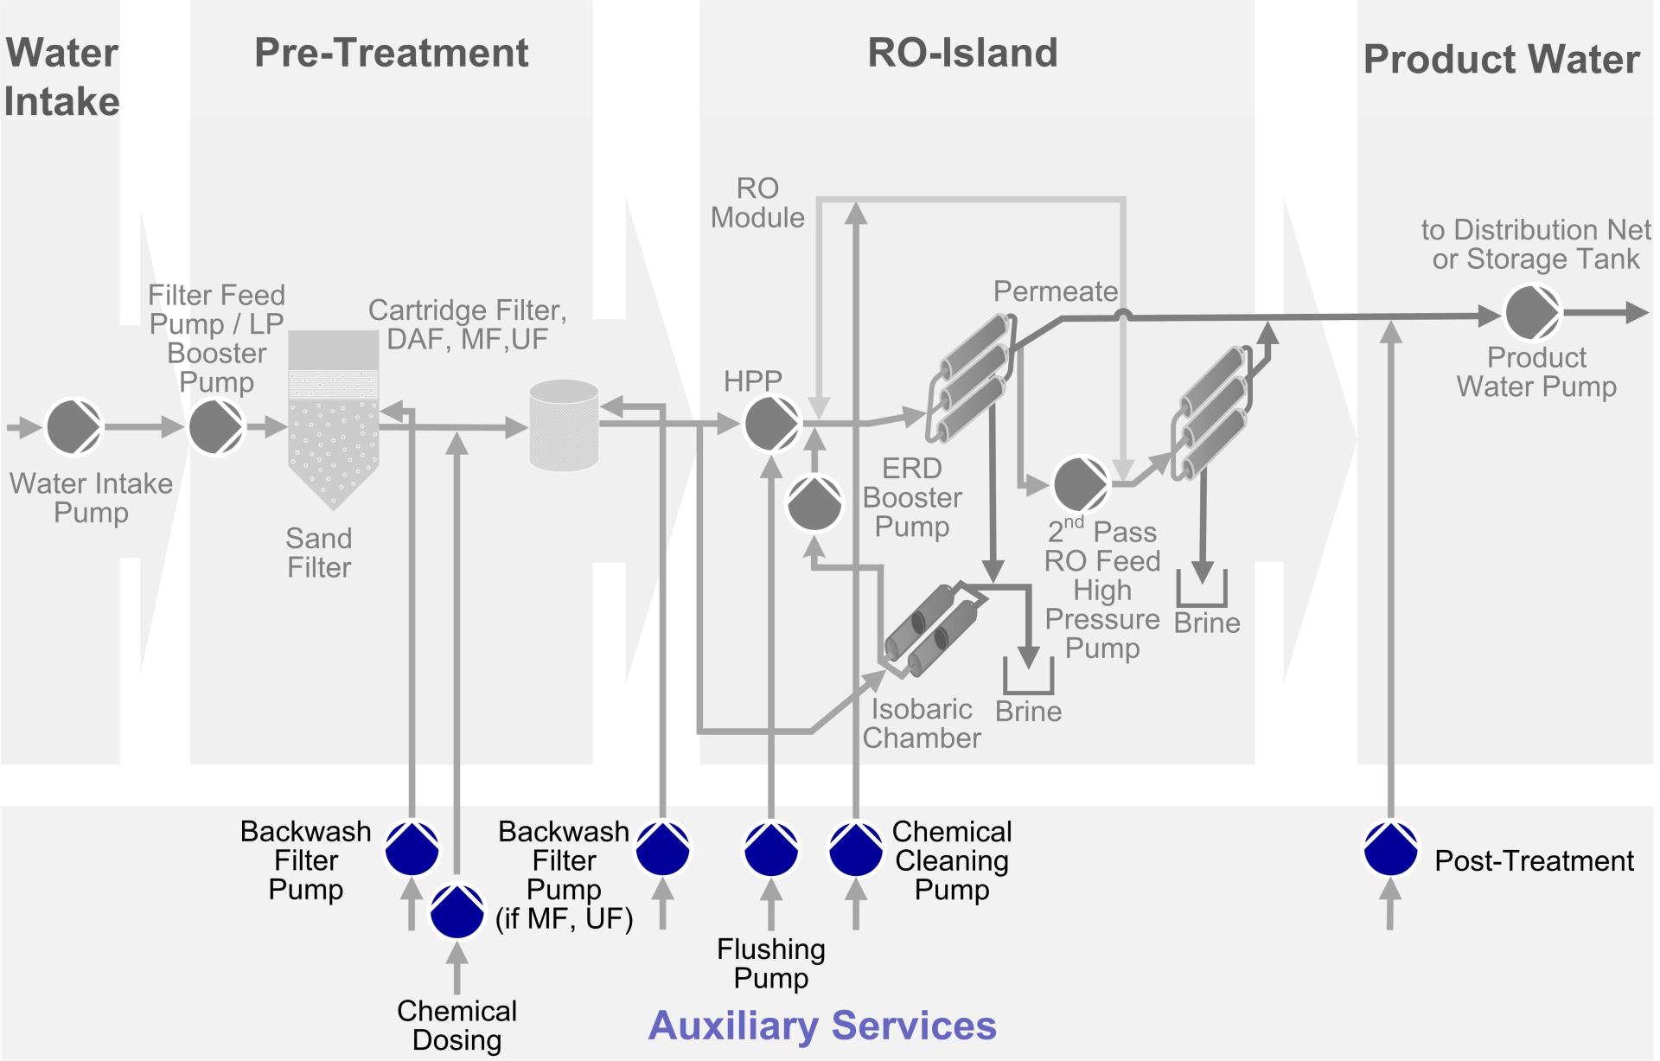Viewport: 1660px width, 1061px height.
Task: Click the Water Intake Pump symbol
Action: pyautogui.click(x=74, y=426)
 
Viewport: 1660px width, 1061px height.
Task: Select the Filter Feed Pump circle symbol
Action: pyautogui.click(x=217, y=426)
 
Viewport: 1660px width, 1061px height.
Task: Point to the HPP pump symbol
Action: pyautogui.click(x=772, y=424)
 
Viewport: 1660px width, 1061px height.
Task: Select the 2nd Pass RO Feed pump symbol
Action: pyautogui.click(x=1081, y=484)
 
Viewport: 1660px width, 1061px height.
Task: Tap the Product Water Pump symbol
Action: pyautogui.click(x=1533, y=313)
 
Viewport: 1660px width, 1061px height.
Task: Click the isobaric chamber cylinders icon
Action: pyautogui.click(x=932, y=630)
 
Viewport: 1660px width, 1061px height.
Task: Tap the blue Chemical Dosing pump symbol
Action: pyautogui.click(x=457, y=911)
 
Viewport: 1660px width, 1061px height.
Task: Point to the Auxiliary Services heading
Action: pyautogui.click(x=822, y=1026)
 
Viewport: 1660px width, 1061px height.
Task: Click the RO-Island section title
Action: pyautogui.click(x=962, y=53)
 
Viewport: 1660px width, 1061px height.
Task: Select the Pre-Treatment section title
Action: pyautogui.click(x=391, y=53)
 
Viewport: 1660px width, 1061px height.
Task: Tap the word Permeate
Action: pyautogui.click(x=1055, y=291)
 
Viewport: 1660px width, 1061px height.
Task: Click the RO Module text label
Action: pyautogui.click(x=757, y=202)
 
